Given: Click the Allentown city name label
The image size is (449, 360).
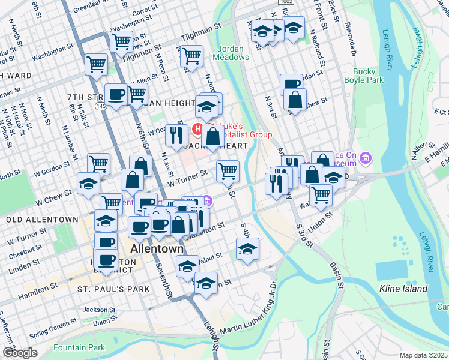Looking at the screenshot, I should point(157,248).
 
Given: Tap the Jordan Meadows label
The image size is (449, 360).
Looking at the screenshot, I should point(231,52).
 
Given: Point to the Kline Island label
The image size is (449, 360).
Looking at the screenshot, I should point(403,289).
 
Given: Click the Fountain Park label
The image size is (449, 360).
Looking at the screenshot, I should point(79,347).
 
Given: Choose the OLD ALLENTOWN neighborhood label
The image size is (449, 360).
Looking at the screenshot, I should point(42,220).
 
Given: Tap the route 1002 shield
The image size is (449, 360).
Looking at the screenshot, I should point(286,3).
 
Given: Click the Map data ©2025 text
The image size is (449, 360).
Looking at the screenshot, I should point(423,355).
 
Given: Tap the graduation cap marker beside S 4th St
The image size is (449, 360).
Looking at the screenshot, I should point(247,249).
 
